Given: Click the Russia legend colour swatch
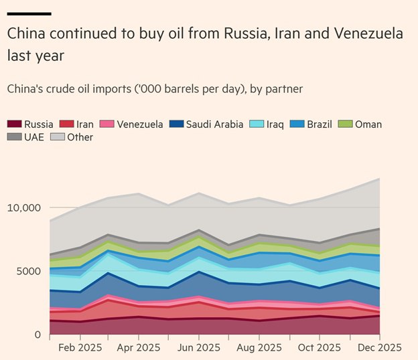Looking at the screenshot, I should click(x=14, y=124).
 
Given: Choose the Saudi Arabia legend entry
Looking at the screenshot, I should click(x=215, y=124).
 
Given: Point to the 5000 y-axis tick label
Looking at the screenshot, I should click(x=28, y=271).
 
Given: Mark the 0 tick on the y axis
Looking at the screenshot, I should click(x=38, y=335).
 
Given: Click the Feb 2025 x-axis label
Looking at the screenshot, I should click(x=80, y=348).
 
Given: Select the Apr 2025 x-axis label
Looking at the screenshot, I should click(x=138, y=348).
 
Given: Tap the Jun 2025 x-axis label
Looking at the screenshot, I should click(x=198, y=348).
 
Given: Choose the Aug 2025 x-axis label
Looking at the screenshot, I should click(x=259, y=348).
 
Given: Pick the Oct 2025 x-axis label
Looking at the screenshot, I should click(x=320, y=348).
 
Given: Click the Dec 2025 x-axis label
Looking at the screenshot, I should click(x=380, y=348).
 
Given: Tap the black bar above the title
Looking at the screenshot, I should click(x=29, y=13).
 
